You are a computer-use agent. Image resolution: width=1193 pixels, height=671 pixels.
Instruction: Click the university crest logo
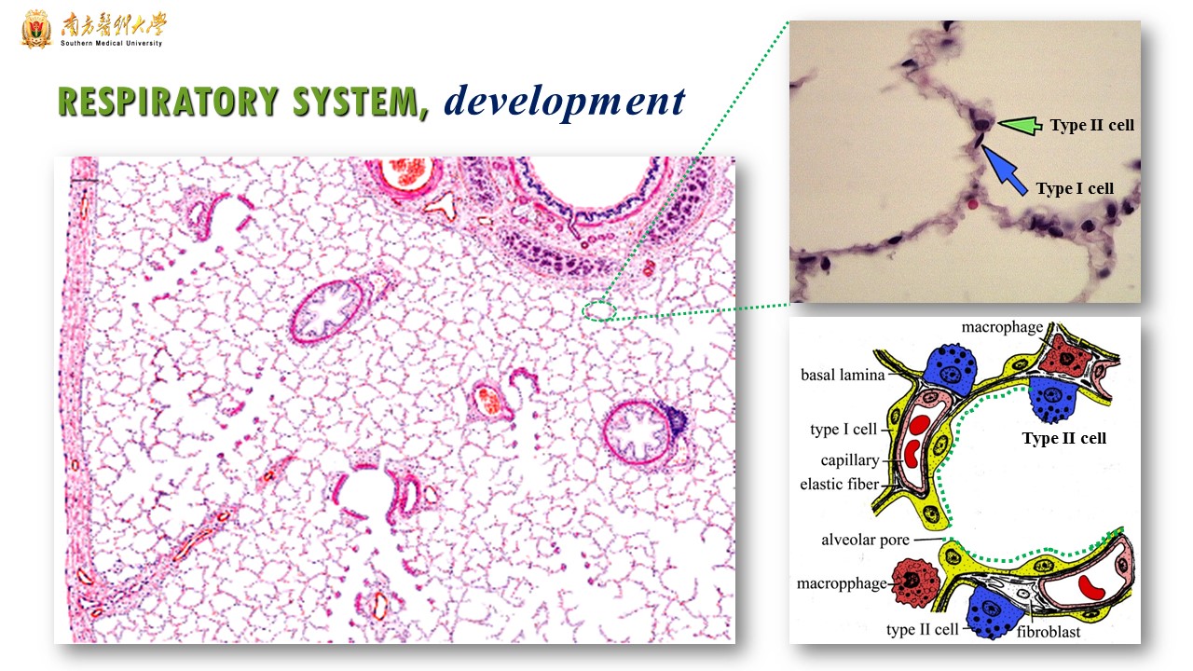tap(36, 29)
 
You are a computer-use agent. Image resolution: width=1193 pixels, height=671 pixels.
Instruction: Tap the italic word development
tap(565, 102)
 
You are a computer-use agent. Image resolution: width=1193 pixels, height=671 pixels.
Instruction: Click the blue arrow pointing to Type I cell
tap(1005, 171)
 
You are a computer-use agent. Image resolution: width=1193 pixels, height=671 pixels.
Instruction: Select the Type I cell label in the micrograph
tap(1075, 188)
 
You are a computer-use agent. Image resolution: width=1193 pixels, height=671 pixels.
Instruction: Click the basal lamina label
tap(843, 375)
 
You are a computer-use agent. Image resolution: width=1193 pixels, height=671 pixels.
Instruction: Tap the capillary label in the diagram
tap(849, 460)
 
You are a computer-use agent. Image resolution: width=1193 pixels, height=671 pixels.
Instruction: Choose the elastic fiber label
tap(840, 484)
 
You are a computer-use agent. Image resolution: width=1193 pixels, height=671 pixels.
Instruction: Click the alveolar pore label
tap(865, 540)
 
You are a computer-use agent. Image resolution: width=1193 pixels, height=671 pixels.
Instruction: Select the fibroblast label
tap(1049, 632)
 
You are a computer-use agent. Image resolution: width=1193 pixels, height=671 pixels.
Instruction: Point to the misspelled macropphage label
tap(842, 583)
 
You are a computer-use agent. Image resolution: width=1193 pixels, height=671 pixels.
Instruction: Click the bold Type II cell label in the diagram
tap(1064, 438)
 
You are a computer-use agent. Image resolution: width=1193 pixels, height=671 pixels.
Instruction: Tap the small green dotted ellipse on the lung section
tap(599, 311)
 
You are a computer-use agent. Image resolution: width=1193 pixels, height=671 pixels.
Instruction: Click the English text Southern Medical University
tap(111, 43)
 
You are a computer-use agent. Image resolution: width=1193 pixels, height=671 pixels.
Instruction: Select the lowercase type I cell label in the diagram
tap(843, 430)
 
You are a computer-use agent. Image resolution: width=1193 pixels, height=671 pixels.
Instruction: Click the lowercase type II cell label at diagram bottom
tap(923, 629)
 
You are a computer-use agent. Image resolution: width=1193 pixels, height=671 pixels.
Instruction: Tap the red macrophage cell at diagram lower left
tap(915, 582)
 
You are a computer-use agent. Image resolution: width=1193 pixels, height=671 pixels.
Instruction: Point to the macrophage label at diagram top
tap(1002, 327)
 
